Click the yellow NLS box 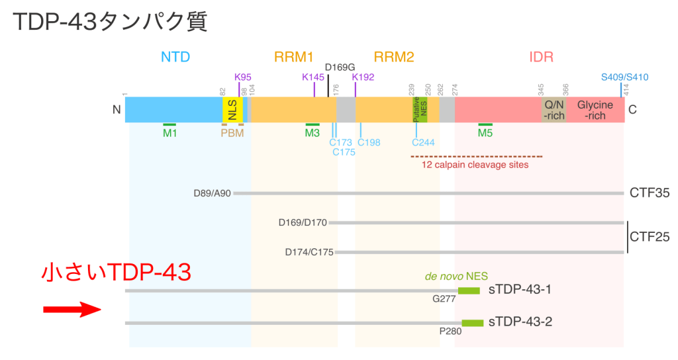tap(232, 110)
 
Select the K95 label tap(243, 77)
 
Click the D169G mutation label tap(341, 67)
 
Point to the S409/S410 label tap(624, 77)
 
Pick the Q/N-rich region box tap(554, 110)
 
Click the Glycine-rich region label tap(595, 110)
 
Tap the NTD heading tap(175, 57)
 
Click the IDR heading tap(541, 57)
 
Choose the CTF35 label tap(650, 193)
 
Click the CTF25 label tap(650, 236)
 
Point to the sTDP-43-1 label tap(520, 290)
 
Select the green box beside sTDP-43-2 tap(472, 322)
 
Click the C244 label tap(423, 142)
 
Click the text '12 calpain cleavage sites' tap(475, 165)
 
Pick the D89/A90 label tap(212, 193)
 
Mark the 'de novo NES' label tap(452, 276)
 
